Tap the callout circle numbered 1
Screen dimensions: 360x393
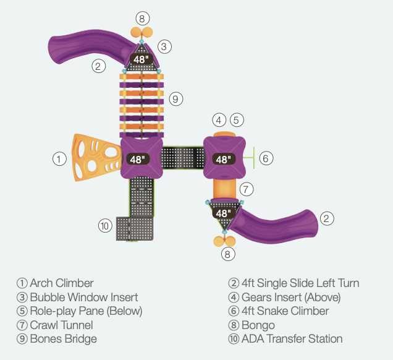(x=59, y=159)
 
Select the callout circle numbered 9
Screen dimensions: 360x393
(x=176, y=98)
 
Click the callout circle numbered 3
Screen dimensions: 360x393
(x=164, y=46)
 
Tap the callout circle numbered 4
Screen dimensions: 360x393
(x=219, y=119)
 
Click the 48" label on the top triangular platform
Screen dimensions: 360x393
(x=142, y=59)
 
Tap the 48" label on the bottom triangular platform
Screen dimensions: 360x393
(x=222, y=213)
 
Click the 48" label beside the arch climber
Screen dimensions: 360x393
(x=137, y=159)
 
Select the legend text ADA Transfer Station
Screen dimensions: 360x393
(x=291, y=338)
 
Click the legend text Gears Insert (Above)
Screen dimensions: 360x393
(x=290, y=297)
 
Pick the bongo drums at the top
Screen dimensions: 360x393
(x=142, y=33)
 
